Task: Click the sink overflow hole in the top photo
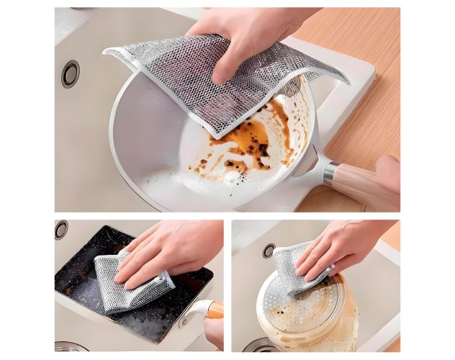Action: point(70,74)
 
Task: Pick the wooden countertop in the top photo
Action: point(360,43)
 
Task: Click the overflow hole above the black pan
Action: point(61,229)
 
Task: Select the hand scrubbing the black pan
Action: point(169,252)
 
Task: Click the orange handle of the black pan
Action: point(214,310)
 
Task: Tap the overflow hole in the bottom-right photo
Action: point(269,250)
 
